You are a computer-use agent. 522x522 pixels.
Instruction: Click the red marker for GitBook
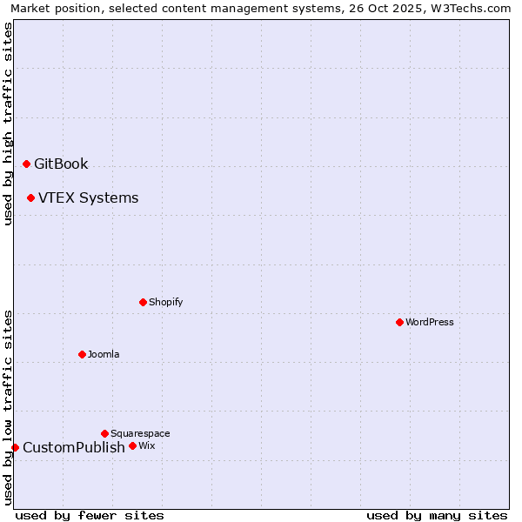[x=26, y=164]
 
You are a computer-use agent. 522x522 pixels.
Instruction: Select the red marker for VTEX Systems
[x=30, y=197]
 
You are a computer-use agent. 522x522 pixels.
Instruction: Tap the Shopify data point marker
[x=143, y=302]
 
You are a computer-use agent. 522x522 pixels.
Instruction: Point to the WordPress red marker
[x=399, y=322]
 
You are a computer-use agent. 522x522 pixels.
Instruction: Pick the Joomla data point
[x=82, y=354]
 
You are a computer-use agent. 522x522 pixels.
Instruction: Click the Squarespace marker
[x=104, y=433]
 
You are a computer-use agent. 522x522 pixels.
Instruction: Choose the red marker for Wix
[x=132, y=445]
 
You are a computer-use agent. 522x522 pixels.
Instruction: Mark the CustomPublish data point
[x=15, y=447]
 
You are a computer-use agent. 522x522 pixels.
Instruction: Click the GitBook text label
[x=61, y=164]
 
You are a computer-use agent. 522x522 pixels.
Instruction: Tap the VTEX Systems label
[x=88, y=197]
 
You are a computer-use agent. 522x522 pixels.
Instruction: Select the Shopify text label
[x=165, y=302]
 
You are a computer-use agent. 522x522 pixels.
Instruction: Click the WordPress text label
[x=430, y=322]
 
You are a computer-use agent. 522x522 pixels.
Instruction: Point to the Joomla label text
[x=104, y=354]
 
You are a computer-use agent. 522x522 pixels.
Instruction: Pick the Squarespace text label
[x=140, y=433]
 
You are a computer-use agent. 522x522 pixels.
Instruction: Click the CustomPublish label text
[x=74, y=447]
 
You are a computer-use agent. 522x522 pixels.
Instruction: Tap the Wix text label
[x=146, y=445]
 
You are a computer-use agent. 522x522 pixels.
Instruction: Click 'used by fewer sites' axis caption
[x=90, y=515]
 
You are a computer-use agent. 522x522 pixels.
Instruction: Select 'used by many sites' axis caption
[x=437, y=515]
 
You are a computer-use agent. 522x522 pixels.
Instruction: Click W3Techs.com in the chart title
[x=473, y=9]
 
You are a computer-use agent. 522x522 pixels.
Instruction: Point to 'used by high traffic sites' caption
[x=9, y=124]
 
